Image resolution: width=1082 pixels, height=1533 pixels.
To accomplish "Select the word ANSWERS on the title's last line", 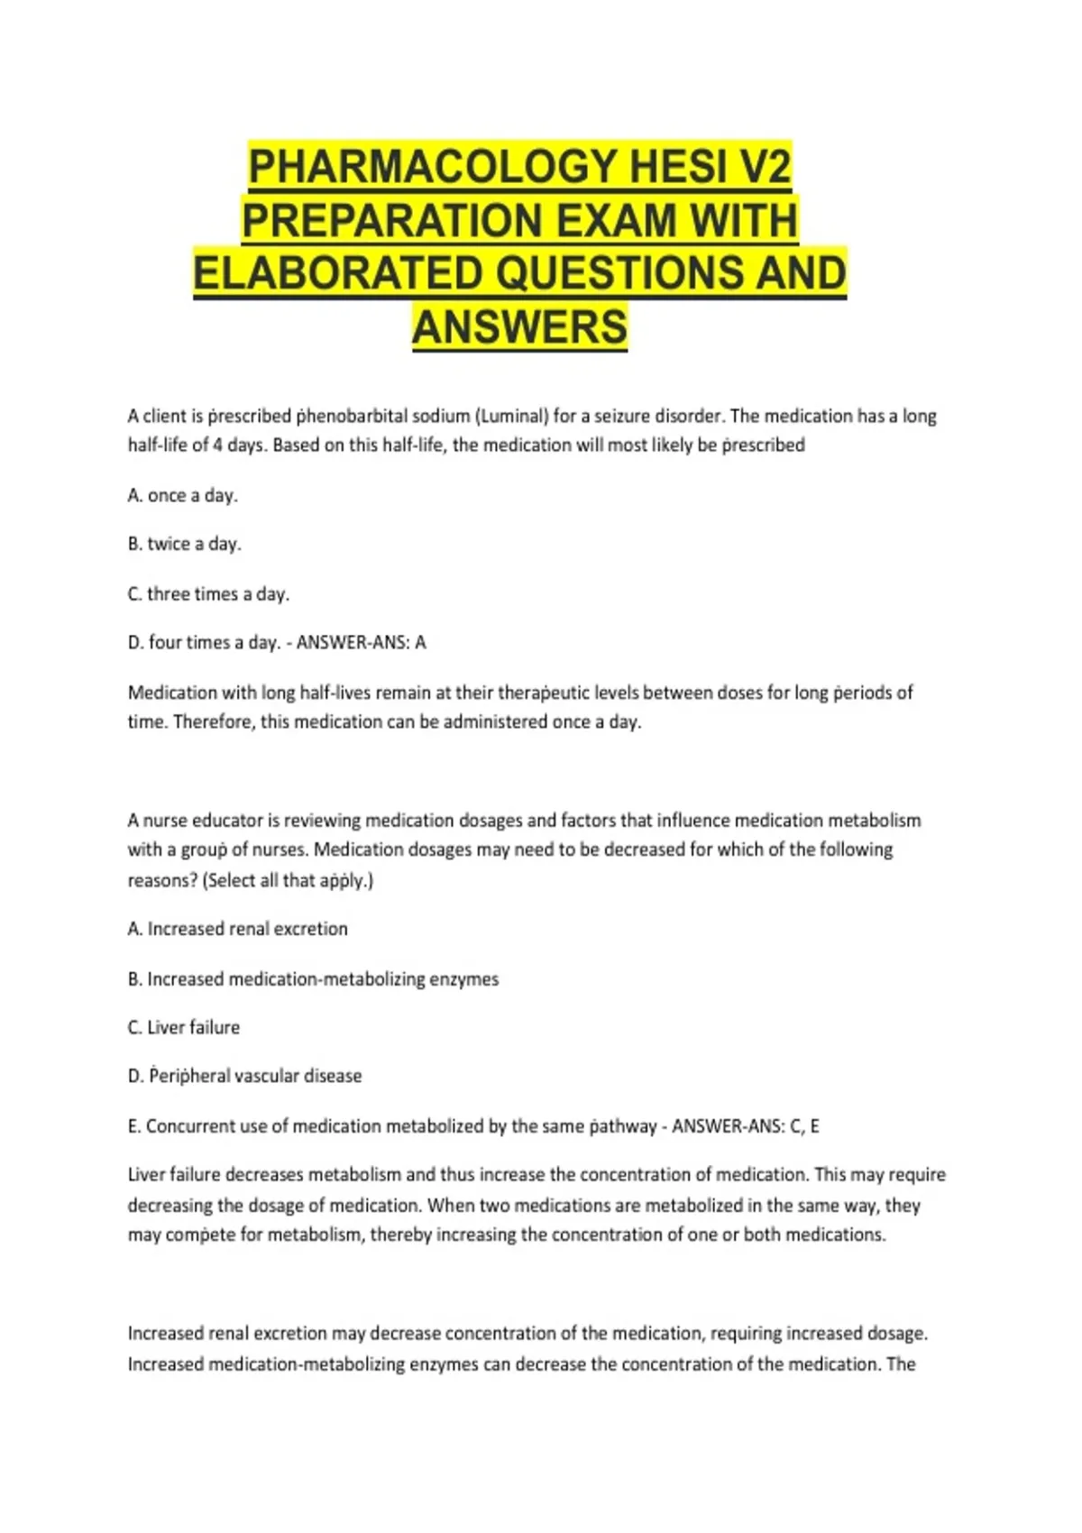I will (519, 326).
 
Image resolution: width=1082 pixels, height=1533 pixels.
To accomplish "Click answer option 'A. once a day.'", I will (183, 495).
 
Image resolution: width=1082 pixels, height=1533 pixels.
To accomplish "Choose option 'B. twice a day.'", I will (185, 544).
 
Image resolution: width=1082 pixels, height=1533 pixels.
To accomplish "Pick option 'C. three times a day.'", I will (208, 593).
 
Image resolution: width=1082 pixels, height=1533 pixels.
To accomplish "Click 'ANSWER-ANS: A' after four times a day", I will (361, 642).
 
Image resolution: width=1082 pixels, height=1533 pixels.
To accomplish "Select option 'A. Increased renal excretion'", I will (238, 929).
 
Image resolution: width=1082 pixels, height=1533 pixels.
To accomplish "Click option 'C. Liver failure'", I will (184, 1027).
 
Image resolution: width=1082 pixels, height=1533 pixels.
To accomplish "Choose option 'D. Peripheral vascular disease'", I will (245, 1076).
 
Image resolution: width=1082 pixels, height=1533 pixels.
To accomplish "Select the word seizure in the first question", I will (621, 416).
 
